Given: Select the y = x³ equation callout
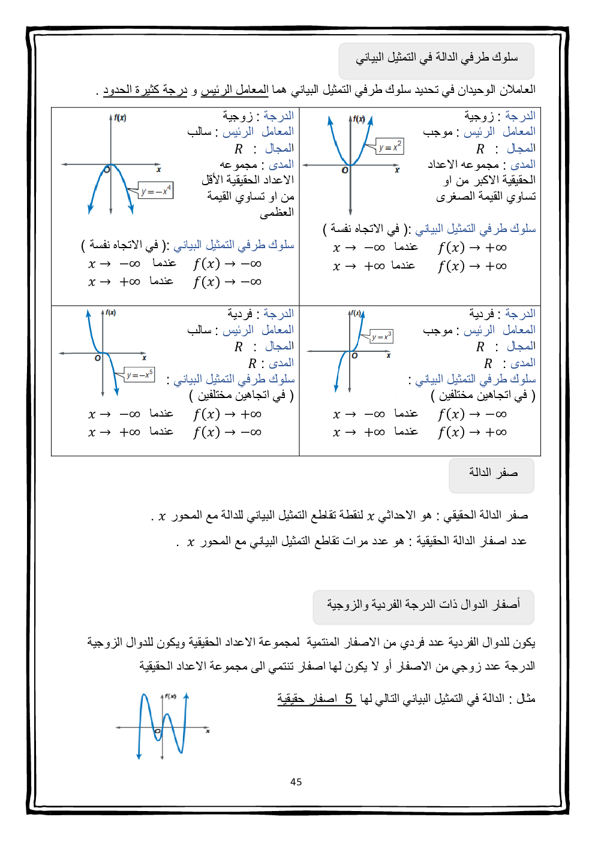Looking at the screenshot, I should click(381, 337).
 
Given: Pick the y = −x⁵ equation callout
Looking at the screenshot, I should click(140, 375).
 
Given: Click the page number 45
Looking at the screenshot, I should click(296, 782).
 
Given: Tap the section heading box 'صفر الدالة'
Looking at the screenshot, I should click(492, 473).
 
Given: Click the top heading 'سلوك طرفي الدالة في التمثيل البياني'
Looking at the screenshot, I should click(437, 58).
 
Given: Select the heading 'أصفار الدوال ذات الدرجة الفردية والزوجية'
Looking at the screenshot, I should click(423, 605).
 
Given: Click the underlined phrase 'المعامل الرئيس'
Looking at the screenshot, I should click(235, 90).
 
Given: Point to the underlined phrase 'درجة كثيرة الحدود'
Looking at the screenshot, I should click(145, 90).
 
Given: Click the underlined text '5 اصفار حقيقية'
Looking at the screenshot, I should click(317, 699).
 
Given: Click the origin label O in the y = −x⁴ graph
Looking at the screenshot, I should click(107, 170).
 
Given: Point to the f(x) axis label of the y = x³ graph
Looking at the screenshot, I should click(356, 313).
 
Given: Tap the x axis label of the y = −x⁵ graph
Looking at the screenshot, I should click(145, 358).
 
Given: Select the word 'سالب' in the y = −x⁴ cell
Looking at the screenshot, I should click(199, 132).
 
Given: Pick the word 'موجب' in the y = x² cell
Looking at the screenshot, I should click(438, 132).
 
